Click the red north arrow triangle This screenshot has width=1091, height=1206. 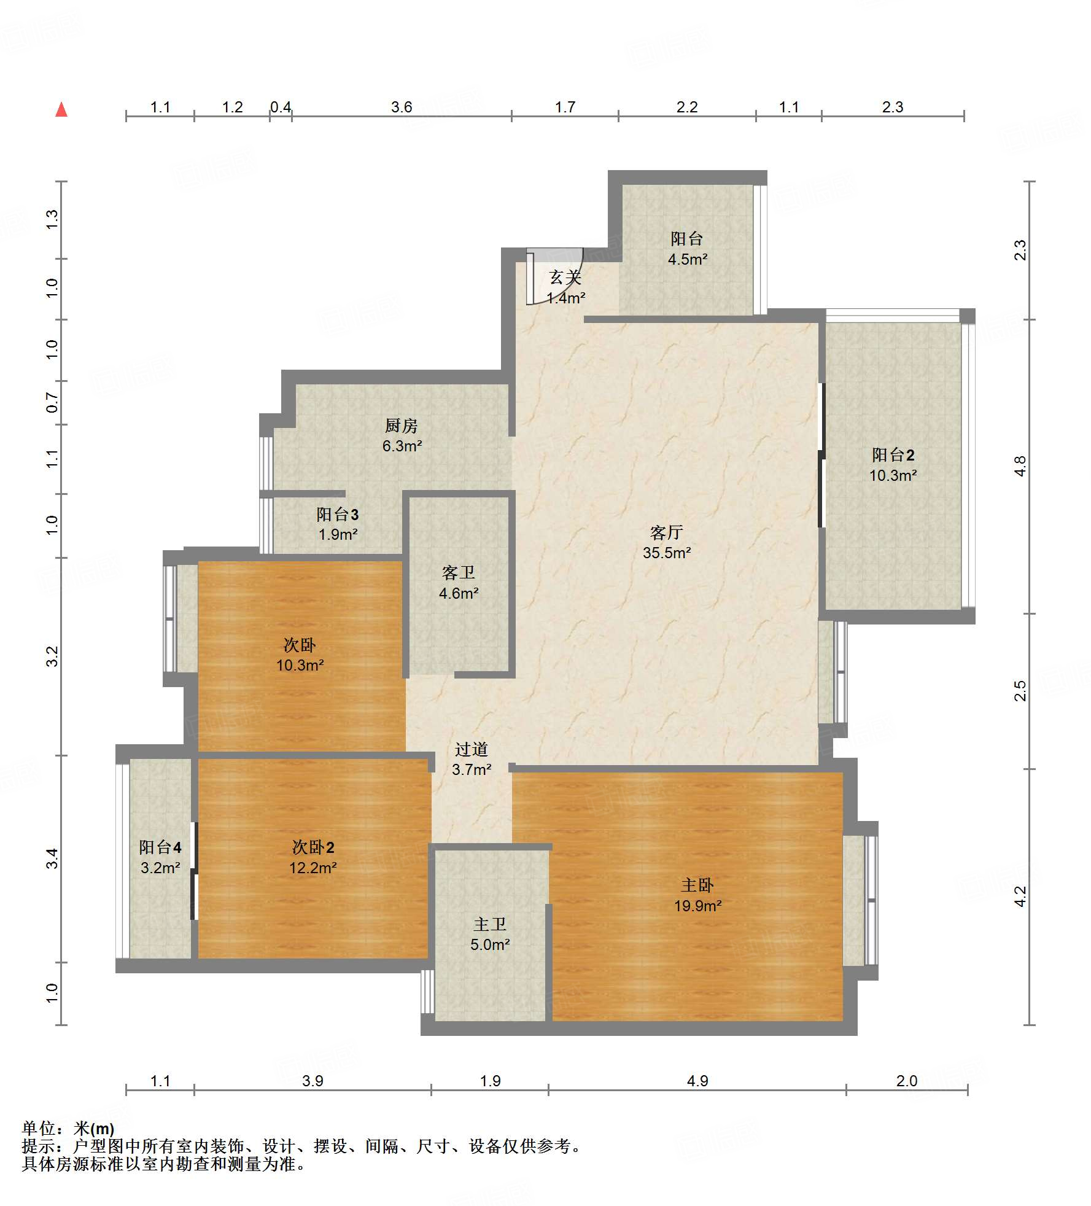[x=61, y=109]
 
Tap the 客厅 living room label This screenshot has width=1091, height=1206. [x=667, y=532]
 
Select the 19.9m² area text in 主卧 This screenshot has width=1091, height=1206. [x=697, y=906]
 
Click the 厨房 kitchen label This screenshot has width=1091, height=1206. [x=402, y=425]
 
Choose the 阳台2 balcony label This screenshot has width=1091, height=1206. [x=893, y=454]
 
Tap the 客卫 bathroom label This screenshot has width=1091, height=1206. [x=459, y=572]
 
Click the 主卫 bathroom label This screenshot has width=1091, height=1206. [x=490, y=924]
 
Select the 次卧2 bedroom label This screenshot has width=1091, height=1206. [x=313, y=847]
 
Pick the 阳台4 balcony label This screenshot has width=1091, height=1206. [x=160, y=847]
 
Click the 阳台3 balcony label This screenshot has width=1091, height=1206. [x=338, y=514]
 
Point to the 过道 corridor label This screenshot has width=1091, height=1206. [x=472, y=749]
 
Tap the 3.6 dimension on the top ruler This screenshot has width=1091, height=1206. [x=402, y=107]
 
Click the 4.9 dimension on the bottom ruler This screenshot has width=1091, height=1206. [x=697, y=1081]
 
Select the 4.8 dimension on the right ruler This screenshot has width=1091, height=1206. [x=1020, y=466]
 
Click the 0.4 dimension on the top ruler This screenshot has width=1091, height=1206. [x=281, y=107]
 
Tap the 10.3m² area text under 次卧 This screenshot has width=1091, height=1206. [x=300, y=665]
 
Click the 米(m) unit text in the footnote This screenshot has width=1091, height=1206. [x=94, y=1129]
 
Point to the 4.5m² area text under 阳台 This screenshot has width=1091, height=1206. [x=688, y=259]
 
